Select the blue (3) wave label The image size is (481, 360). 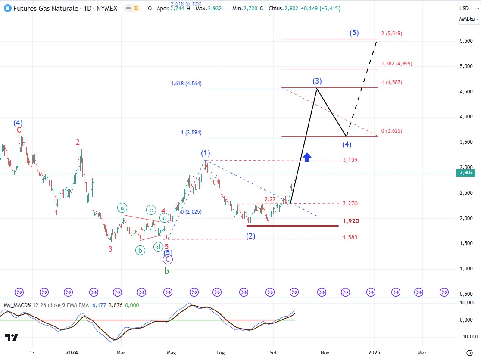(317, 81)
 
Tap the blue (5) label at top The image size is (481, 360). (354, 33)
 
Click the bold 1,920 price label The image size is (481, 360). (351, 221)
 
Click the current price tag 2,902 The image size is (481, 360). (467, 173)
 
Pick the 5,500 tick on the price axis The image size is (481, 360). (466, 41)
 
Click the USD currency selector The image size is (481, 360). (465, 8)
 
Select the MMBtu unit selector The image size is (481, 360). (469, 19)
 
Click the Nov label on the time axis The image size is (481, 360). (325, 352)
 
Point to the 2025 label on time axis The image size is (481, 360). (374, 352)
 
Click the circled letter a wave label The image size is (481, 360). (122, 208)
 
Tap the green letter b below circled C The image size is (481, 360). (166, 271)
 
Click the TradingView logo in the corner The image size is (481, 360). (12, 338)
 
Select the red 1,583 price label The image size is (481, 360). (350, 238)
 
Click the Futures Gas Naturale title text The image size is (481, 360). (48, 8)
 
